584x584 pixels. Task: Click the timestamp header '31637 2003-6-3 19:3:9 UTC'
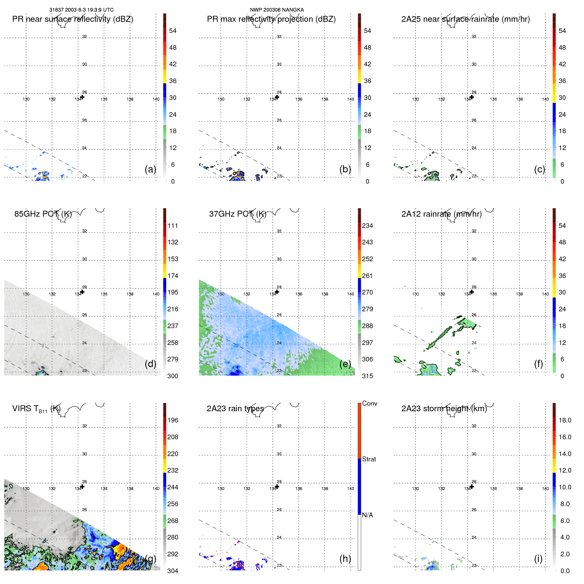(x=81, y=10)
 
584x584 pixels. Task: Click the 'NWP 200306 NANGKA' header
(x=277, y=10)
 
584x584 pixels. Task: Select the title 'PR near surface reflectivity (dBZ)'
(x=73, y=19)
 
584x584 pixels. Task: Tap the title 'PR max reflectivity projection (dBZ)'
(x=271, y=19)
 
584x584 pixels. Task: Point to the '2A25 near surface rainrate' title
(x=465, y=19)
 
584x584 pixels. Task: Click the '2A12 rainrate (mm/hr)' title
(x=441, y=214)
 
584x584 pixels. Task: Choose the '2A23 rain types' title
(x=235, y=409)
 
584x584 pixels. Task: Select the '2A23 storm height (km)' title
(x=444, y=409)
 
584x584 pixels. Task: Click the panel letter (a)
(x=150, y=169)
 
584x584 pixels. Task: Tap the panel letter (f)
(x=538, y=364)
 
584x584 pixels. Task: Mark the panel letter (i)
(x=538, y=559)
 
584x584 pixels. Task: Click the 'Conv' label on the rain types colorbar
(x=369, y=403)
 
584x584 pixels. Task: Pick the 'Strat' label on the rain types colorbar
(x=369, y=459)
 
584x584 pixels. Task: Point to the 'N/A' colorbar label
(x=367, y=515)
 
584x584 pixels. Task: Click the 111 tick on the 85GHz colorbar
(x=172, y=226)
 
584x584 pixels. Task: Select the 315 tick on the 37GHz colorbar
(x=367, y=376)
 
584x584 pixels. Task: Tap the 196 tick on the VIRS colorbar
(x=172, y=420)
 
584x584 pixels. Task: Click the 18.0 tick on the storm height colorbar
(x=565, y=420)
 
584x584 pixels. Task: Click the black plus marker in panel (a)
(x=82, y=97)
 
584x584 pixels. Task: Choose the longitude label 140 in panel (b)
(x=351, y=99)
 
